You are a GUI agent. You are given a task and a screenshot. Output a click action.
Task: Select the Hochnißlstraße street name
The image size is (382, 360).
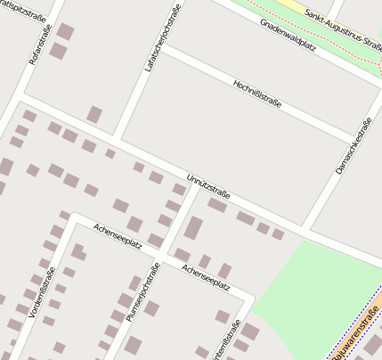coord(256,93)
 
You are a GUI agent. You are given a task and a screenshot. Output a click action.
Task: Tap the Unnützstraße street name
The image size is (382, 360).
coord(209,186)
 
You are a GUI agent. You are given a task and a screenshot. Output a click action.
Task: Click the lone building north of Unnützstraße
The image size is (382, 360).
coord(94,115)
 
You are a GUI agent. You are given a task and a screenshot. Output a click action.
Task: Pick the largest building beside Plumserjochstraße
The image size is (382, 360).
coord(193,228)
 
